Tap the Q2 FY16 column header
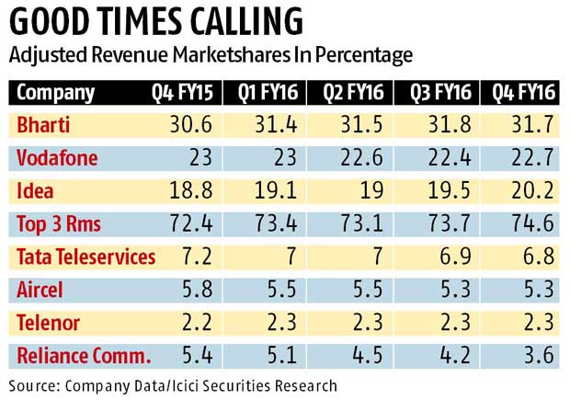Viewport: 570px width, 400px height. tap(350, 93)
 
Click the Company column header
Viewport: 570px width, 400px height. tap(56, 93)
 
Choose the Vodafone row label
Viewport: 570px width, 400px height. tap(57, 157)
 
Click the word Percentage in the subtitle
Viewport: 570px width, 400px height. tap(359, 55)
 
